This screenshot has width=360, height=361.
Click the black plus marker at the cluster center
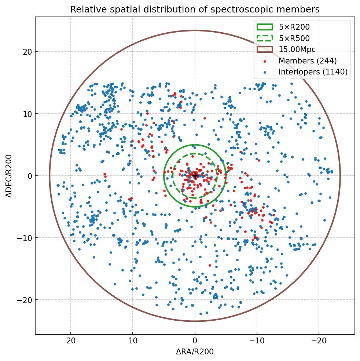[x=195, y=176]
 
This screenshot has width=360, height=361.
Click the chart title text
[x=195, y=9]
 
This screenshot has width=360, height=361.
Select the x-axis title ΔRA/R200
[x=195, y=352]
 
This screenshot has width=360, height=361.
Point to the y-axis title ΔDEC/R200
[x=9, y=176]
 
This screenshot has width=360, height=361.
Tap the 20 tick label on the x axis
[x=71, y=340]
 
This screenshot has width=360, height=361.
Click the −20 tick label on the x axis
[x=319, y=340]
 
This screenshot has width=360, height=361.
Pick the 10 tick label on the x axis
[x=133, y=340]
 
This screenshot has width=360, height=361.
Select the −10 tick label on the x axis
[x=257, y=340]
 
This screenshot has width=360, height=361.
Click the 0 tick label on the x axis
[x=195, y=340]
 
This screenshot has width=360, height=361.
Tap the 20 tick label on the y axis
[x=27, y=52]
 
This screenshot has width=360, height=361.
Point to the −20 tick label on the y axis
[x=25, y=300]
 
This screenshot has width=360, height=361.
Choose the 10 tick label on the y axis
[x=27, y=114]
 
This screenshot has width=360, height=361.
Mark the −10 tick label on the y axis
[x=25, y=238]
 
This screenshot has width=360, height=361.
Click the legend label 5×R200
[x=294, y=27]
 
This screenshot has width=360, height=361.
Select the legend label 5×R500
[x=294, y=38]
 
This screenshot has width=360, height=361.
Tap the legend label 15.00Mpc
[x=297, y=50]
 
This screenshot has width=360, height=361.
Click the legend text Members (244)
[x=308, y=61]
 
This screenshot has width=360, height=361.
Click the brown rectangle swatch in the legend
[x=265, y=50]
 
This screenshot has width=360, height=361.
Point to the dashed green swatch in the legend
[x=265, y=38]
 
